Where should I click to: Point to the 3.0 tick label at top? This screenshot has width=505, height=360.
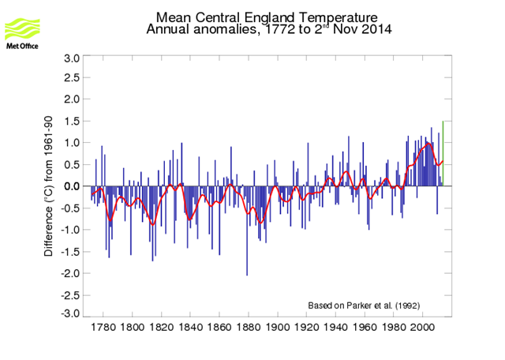coord(70,58)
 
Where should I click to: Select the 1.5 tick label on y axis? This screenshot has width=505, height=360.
coord(70,122)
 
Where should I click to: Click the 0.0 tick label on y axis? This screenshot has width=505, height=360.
coord(70,186)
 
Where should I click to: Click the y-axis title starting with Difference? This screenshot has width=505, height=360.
coord(49,186)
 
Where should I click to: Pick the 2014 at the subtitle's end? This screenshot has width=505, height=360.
coord(376,30)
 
